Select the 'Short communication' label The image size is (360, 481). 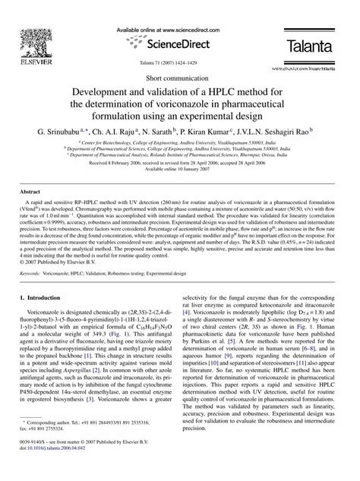coord(179,78)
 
